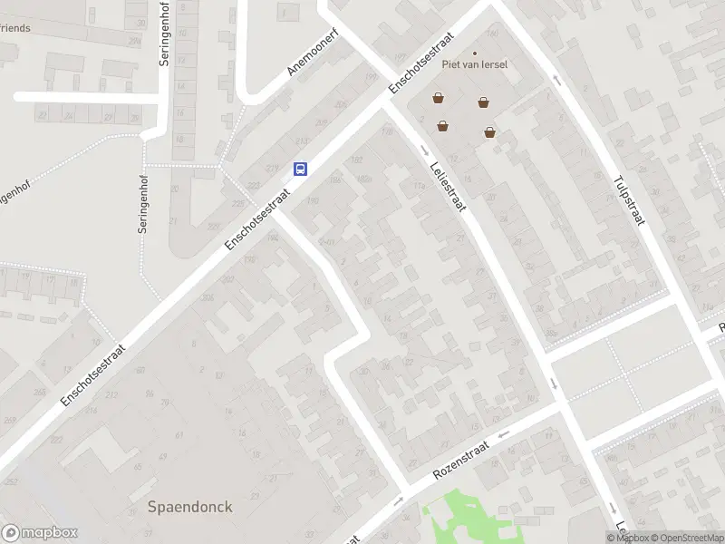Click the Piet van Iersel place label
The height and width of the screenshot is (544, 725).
474,64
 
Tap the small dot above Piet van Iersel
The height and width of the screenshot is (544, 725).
474,53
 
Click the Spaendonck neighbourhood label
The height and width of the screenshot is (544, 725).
189,507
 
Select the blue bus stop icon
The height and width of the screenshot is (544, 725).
300,169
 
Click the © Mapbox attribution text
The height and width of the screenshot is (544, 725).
627,538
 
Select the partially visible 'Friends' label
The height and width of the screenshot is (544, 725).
15,28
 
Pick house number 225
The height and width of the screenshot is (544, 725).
214,226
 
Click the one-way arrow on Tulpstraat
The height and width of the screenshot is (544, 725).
556,81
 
